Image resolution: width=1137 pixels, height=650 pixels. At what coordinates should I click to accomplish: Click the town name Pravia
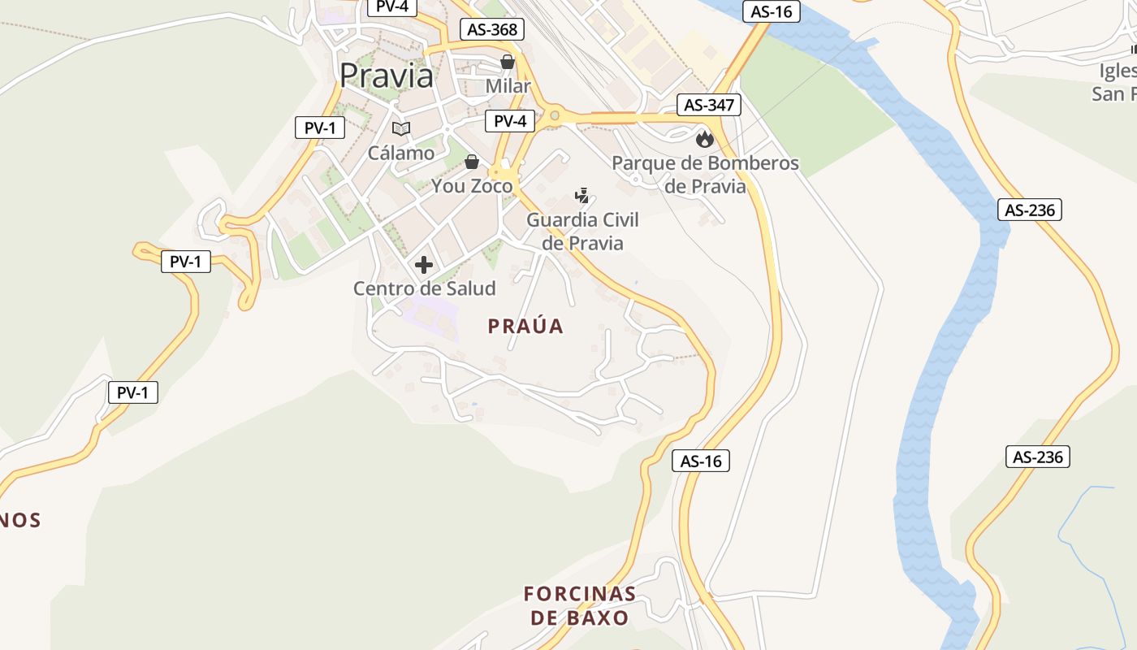(386, 76)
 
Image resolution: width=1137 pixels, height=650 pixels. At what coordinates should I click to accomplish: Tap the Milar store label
(508, 86)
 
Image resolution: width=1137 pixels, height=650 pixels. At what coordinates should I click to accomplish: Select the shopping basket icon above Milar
(508, 62)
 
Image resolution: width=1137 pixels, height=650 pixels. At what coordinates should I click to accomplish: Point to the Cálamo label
(401, 153)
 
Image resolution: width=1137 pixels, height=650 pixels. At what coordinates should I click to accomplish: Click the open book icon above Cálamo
(401, 128)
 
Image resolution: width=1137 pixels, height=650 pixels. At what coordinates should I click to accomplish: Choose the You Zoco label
(472, 186)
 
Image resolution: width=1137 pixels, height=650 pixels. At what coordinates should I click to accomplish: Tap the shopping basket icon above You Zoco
(472, 162)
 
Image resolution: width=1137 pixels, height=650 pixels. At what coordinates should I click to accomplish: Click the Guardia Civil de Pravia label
(582, 232)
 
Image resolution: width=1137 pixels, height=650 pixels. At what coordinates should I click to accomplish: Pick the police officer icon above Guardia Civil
(581, 195)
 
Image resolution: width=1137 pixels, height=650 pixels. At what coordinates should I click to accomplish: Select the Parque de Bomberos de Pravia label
(705, 175)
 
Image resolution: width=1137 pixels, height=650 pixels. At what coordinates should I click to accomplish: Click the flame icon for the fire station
(704, 138)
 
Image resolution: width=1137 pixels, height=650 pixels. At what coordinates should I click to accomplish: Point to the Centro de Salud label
(424, 288)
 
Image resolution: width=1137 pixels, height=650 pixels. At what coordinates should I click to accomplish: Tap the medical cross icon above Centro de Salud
(424, 265)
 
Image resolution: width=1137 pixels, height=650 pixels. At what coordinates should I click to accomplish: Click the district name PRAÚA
(525, 326)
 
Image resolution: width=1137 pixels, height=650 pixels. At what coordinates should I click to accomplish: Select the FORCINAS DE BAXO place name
(580, 605)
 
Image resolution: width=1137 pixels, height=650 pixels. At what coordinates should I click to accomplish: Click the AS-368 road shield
(492, 30)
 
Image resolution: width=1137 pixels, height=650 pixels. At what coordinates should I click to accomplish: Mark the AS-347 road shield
(709, 105)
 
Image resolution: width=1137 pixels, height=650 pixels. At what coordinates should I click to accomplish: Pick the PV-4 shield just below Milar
(510, 121)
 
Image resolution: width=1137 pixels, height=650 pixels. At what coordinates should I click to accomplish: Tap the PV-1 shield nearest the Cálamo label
(320, 128)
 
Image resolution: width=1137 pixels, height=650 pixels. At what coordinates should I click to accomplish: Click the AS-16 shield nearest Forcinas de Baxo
(701, 461)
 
